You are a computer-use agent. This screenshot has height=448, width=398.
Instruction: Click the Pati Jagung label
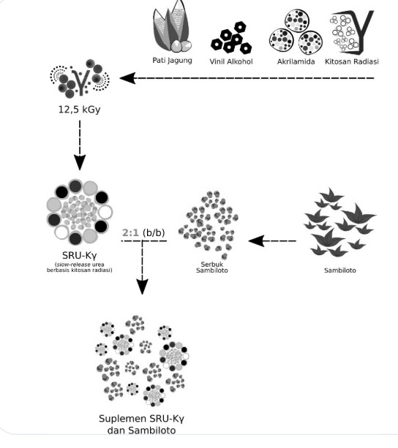172,60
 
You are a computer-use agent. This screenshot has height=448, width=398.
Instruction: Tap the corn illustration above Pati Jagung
171,29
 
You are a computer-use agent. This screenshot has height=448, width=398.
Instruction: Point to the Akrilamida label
292,61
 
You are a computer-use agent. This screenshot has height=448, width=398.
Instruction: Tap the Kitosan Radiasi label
353,61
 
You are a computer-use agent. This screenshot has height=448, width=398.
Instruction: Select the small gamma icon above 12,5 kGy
78,83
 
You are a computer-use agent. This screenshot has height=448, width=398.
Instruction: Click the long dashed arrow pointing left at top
249,78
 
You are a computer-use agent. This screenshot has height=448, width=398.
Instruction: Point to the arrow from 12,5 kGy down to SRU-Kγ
78,146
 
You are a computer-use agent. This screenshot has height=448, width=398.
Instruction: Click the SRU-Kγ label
78,255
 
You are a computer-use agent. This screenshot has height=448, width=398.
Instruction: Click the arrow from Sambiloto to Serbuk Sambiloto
271,240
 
